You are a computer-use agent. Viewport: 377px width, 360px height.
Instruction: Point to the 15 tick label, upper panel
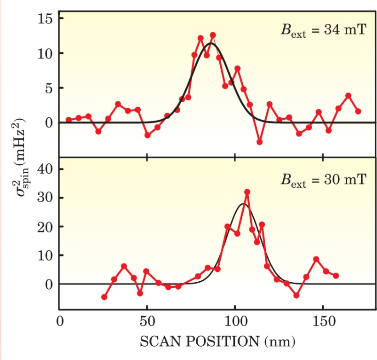(45, 19)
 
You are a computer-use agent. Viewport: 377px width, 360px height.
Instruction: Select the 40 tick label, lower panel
(45, 169)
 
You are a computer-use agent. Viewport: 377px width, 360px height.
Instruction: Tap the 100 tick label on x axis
(234, 321)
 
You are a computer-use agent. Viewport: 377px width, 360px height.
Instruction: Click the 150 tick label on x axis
(323, 321)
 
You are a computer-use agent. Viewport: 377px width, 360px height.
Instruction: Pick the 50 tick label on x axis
(147, 321)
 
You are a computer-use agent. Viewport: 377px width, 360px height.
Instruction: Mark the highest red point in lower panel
(247, 192)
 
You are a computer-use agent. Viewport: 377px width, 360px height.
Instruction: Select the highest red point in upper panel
(213, 35)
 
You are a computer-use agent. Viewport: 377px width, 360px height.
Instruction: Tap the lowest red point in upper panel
(259, 142)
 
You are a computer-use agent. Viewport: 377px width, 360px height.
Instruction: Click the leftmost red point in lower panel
(104, 297)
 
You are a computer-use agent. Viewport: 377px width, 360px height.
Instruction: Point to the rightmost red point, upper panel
(358, 111)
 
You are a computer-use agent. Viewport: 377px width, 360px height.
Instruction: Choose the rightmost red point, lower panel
(336, 276)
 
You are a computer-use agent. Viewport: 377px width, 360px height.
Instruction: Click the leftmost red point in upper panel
(69, 120)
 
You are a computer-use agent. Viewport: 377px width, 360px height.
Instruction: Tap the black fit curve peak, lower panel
(244, 203)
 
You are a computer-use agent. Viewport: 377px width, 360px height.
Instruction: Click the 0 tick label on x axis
(59, 321)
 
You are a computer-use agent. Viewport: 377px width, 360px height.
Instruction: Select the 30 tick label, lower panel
(45, 198)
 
